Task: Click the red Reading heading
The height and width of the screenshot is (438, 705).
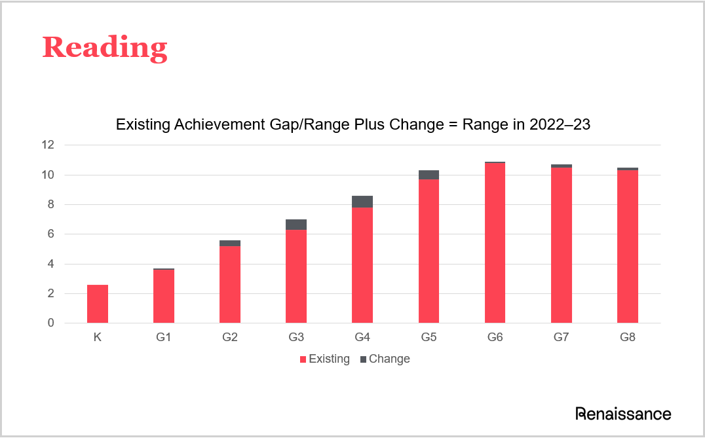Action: (x=105, y=48)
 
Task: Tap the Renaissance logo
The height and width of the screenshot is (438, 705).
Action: (x=623, y=414)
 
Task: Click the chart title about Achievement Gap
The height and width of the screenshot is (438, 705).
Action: (x=353, y=125)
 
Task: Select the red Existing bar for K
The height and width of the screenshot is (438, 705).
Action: (x=98, y=304)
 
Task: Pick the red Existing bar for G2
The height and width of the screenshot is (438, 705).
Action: (x=230, y=285)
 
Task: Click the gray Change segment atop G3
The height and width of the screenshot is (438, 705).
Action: (x=296, y=225)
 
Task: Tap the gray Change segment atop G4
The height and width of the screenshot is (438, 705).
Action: (x=362, y=202)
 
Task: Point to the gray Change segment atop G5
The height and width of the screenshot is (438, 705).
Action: (x=429, y=175)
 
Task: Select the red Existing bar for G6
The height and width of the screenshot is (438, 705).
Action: (x=495, y=243)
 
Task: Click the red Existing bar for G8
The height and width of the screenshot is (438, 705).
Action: (x=627, y=247)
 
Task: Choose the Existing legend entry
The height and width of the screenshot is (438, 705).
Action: (x=324, y=359)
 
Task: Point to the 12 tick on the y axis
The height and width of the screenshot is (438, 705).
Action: (x=48, y=145)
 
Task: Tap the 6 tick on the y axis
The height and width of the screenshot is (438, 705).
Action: (x=51, y=234)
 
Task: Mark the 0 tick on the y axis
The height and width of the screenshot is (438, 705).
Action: (x=51, y=323)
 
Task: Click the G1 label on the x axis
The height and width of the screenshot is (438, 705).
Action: (x=164, y=338)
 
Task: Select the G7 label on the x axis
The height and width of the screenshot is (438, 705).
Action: (x=561, y=338)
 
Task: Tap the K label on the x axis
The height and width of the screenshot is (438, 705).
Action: (x=98, y=338)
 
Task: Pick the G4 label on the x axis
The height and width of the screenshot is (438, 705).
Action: (x=362, y=338)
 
